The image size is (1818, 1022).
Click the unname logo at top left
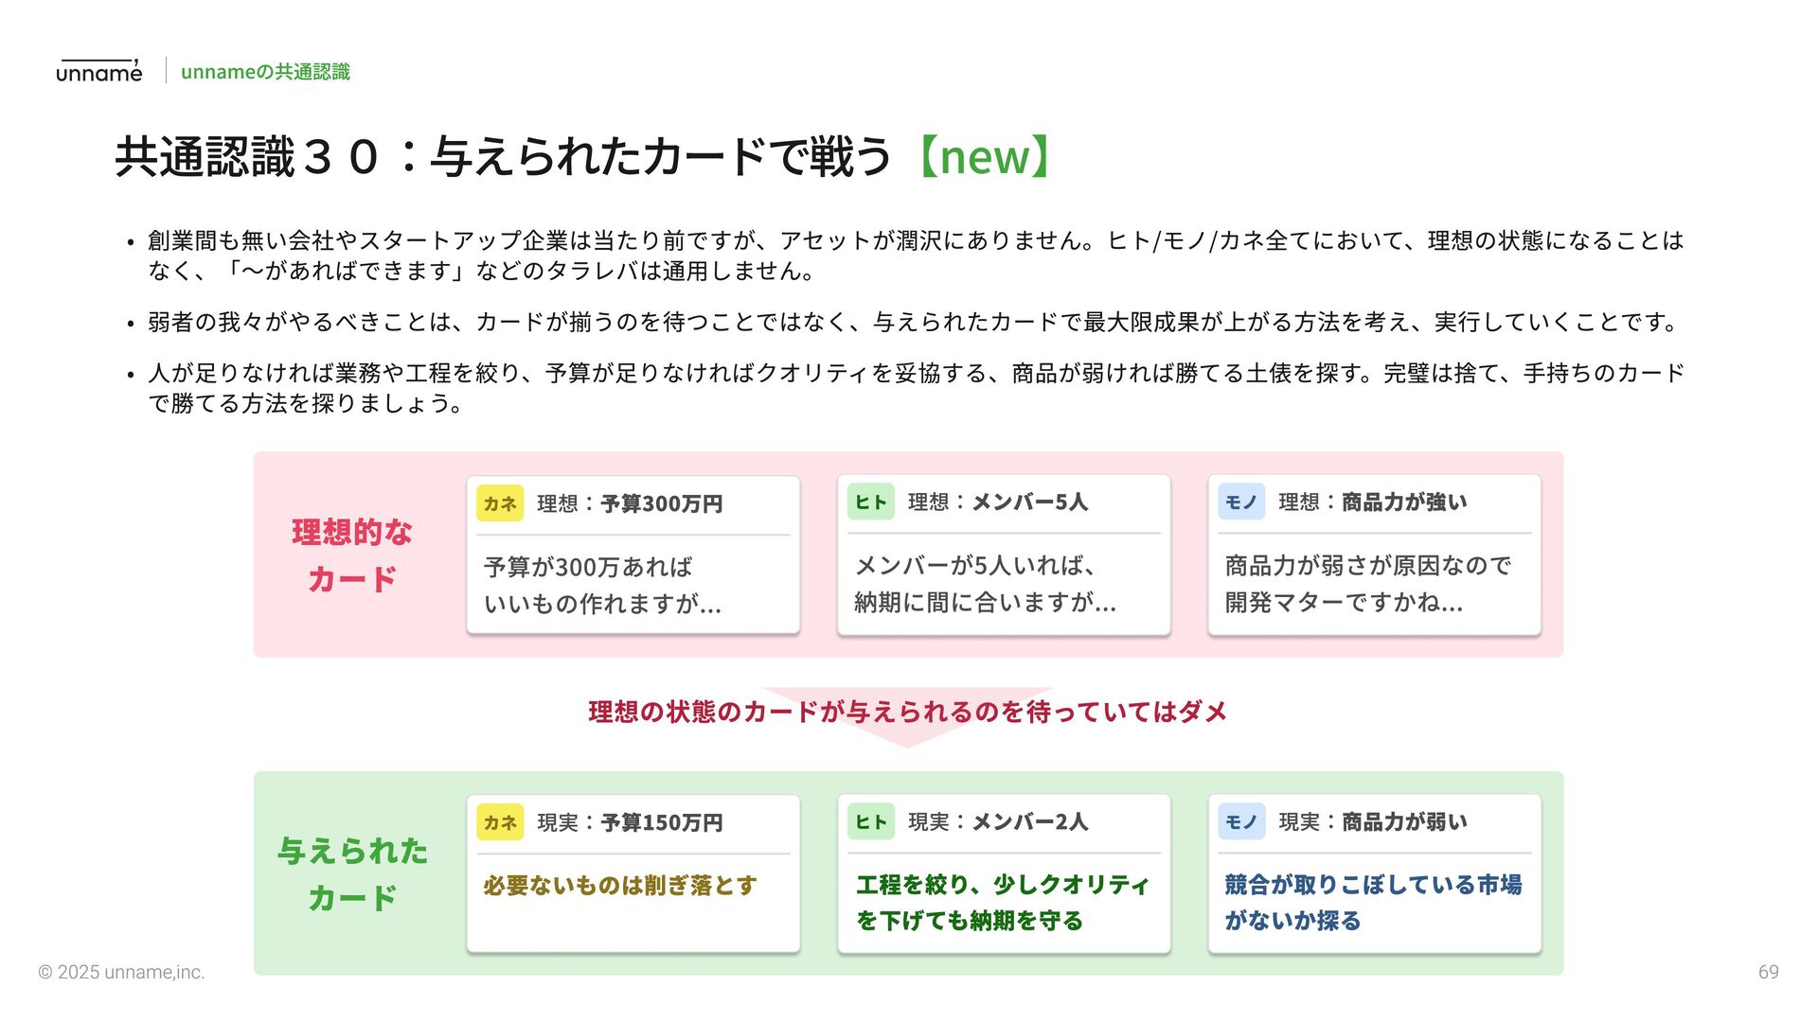coord(98,71)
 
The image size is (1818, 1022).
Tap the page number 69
coord(1768,972)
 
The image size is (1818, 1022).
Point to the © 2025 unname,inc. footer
coord(121,972)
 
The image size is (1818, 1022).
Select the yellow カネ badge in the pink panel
coord(500,503)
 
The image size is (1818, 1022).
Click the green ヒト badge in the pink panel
coord(870,502)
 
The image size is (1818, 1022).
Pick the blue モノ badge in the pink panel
coord(1240,502)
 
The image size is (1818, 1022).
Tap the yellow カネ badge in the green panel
coord(500,822)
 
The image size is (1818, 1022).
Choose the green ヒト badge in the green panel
coord(870,822)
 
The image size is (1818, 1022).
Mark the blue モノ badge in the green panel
coord(1240,822)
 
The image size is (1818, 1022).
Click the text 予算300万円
coord(661,503)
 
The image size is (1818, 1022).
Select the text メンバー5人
coord(1029,502)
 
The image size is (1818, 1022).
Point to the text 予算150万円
coord(661,822)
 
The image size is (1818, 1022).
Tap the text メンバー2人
coord(1029,822)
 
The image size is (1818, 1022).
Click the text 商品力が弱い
coord(1403,822)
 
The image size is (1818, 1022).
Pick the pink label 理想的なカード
coord(352,555)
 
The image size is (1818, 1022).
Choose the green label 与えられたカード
coord(352,874)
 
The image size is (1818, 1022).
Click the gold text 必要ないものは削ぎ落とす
coord(620,886)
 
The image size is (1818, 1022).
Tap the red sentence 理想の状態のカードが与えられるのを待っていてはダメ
coord(907,712)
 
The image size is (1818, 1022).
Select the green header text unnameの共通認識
coord(265,72)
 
